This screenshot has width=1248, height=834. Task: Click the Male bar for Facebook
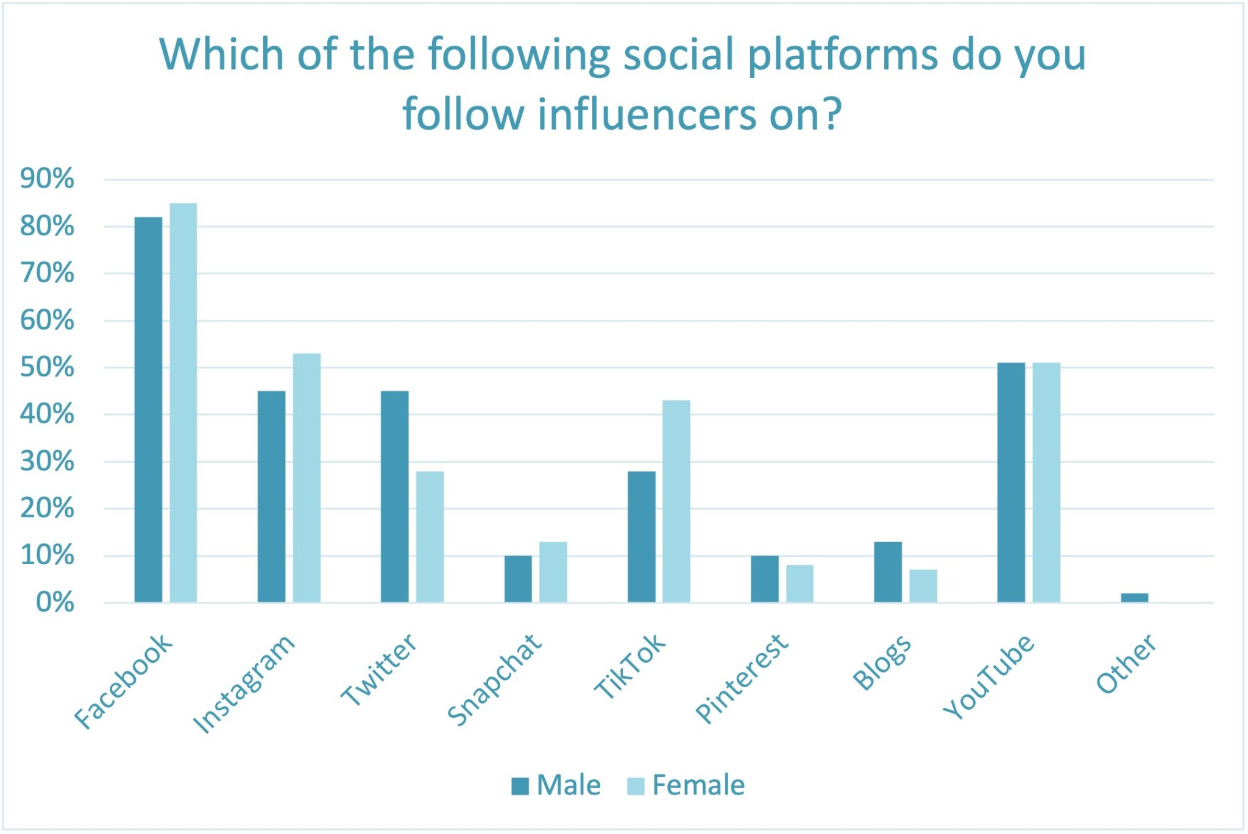point(148,409)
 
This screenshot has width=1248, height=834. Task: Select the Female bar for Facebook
point(183,403)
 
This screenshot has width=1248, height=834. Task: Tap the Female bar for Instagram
point(307,478)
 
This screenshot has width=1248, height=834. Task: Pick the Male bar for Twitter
point(395,497)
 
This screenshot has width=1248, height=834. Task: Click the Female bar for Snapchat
point(553,572)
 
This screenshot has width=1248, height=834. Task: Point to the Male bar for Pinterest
point(764,579)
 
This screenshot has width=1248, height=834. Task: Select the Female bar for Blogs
point(923,586)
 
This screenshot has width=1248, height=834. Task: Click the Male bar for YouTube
point(1011,482)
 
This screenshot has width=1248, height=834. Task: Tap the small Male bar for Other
point(1134,598)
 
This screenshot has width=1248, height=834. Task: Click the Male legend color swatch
point(520,786)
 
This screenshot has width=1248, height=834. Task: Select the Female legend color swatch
point(636,786)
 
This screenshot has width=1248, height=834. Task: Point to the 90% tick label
point(47,179)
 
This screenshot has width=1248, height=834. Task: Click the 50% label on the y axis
point(47,367)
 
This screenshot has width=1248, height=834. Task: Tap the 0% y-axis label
point(55,603)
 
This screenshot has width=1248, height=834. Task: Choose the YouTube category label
point(989,676)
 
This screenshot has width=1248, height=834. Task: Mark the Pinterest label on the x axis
point(742,678)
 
